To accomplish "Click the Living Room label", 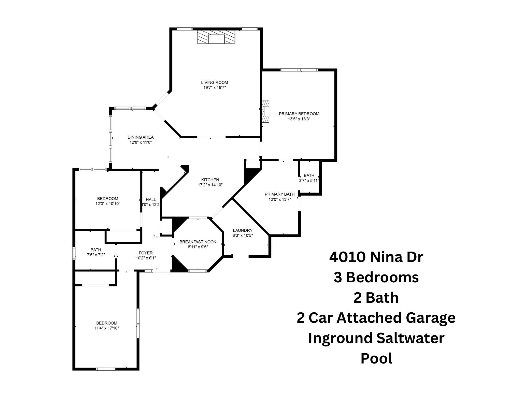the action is click(x=215, y=82).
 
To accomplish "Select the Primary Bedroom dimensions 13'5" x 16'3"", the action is click(x=299, y=119).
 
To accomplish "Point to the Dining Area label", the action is click(x=141, y=137).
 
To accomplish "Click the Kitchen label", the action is click(x=210, y=180).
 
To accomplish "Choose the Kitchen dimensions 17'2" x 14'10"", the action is click(x=210, y=185).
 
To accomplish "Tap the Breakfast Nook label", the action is click(x=198, y=242).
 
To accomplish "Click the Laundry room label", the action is click(x=243, y=230).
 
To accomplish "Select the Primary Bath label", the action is click(x=280, y=194).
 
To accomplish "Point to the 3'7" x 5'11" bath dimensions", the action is click(x=309, y=181).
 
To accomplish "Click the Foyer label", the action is click(x=146, y=253).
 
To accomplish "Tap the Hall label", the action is click(x=151, y=200).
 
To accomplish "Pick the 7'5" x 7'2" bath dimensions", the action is click(x=96, y=255).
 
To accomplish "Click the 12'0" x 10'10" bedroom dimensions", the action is click(x=108, y=203).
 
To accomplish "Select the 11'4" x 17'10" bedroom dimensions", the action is click(x=107, y=328).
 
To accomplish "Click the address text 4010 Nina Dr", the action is click(x=376, y=257).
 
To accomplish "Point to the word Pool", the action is click(x=377, y=358).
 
